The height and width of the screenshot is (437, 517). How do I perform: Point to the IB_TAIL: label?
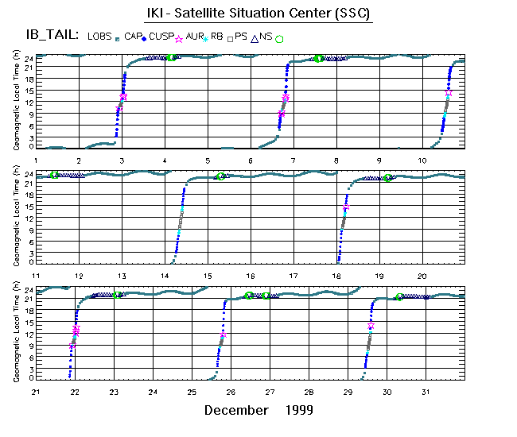pos(52,36)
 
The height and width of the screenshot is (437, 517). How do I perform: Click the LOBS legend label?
pos(99,37)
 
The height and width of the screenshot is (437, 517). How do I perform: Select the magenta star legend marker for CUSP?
pos(178,37)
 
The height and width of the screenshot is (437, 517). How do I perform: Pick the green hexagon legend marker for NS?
pos(279,37)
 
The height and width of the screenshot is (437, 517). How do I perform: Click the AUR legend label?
pos(194,37)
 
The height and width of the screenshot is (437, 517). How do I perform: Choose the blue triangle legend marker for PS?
pos(254,37)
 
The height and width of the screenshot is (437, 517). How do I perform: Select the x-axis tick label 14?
pos(165,275)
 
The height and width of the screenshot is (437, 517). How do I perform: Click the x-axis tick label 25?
pos(192,392)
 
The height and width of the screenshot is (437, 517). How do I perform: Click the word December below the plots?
pos(236,411)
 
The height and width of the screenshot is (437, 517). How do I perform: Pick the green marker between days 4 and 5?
pos(171,57)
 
